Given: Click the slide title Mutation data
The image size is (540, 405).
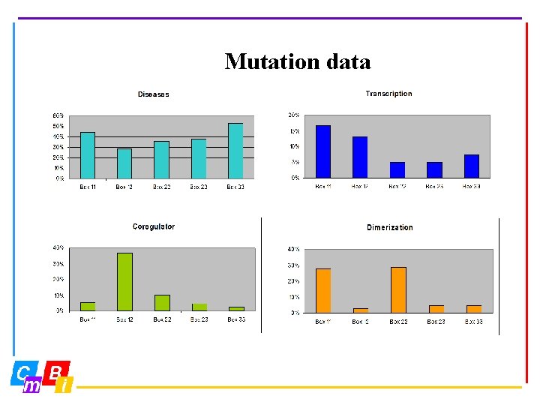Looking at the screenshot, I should tap(298, 61).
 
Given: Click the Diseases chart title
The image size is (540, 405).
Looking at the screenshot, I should tap(153, 94).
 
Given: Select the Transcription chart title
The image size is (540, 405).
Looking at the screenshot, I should tap(388, 94).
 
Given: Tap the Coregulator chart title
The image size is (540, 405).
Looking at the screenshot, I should tap(154, 226).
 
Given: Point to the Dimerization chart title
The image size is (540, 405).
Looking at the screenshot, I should tap(389, 227).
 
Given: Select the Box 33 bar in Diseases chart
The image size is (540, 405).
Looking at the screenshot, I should tap(235, 151).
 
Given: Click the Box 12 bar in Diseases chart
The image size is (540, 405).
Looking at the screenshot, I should tap(124, 163).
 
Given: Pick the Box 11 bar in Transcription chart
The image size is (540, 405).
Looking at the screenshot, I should tap(323, 151).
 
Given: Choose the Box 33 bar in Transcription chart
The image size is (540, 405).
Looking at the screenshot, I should tap(471, 166).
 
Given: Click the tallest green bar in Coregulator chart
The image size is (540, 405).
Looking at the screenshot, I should tap(124, 281).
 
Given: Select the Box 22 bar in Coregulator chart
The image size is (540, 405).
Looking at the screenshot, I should tap(162, 302).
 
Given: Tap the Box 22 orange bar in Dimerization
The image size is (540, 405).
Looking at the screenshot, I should tap(398, 289).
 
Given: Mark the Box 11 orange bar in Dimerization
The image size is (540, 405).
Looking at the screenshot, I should tap(323, 290).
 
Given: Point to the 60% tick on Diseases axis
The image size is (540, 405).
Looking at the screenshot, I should tap(58, 115).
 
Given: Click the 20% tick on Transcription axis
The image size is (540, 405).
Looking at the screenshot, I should tap(294, 115).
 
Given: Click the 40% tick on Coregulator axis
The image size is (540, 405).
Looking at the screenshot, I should tap(58, 247).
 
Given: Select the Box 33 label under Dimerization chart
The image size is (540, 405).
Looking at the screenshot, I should tap(473, 321).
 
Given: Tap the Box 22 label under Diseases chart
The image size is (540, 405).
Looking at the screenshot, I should tap(161, 187).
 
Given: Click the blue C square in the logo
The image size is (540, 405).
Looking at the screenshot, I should tap(23, 372).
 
